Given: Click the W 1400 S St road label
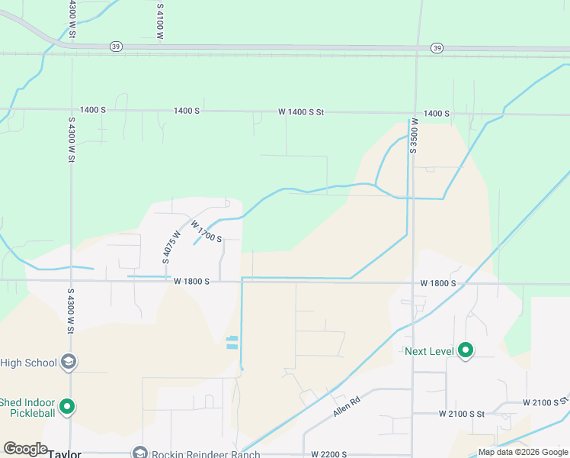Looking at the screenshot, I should coord(301,112).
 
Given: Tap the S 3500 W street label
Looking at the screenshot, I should coord(413,135).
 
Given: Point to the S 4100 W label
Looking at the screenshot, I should coord(160,21).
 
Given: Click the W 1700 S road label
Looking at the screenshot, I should coord(206,231).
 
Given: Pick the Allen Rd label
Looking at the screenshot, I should coord(345,405).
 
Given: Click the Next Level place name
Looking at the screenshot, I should coord(429,351).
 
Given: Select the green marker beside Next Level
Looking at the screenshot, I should coord(466,351).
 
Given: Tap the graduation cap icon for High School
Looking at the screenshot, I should coord(69,362).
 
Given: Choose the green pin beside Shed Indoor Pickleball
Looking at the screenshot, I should coord(68,407).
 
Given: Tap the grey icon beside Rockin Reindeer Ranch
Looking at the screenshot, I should coord(139,453).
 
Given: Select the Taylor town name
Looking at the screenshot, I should coord(65,453).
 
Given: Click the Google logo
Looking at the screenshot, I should coord(25,449).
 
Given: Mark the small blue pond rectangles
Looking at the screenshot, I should coord(232,343).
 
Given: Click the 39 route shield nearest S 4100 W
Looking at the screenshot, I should coord(115,47).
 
